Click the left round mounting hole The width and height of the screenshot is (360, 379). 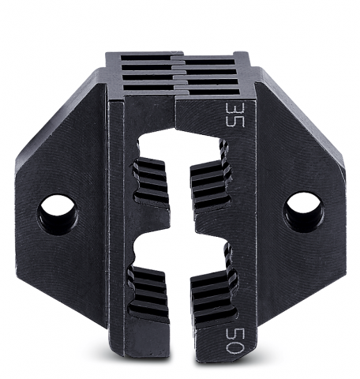pos(58,215)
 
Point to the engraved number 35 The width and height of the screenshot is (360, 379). pos(235,114)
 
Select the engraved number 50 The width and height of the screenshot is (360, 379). pos(235,341)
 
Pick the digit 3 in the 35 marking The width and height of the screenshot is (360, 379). pos(235,108)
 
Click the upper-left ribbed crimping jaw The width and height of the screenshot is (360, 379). pos(151,182)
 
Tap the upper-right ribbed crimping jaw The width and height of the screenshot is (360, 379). pos(211,184)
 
